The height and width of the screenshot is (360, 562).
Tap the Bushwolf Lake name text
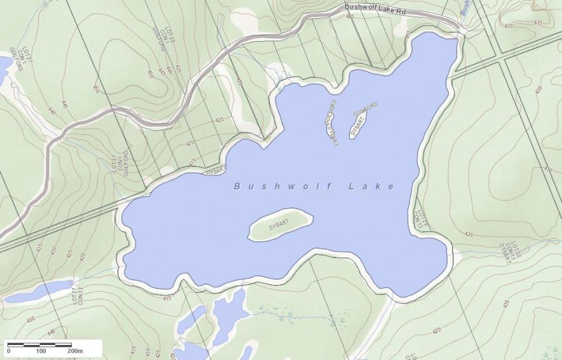314,186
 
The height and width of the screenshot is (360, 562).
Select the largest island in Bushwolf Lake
280,225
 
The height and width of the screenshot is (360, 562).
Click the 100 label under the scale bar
41,351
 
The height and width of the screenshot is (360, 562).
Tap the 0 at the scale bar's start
8,351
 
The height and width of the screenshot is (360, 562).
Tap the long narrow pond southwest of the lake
47,289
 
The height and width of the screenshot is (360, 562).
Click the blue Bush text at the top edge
465,7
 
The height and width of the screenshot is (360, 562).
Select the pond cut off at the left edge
4,64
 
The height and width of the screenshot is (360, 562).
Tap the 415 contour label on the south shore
166,298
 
